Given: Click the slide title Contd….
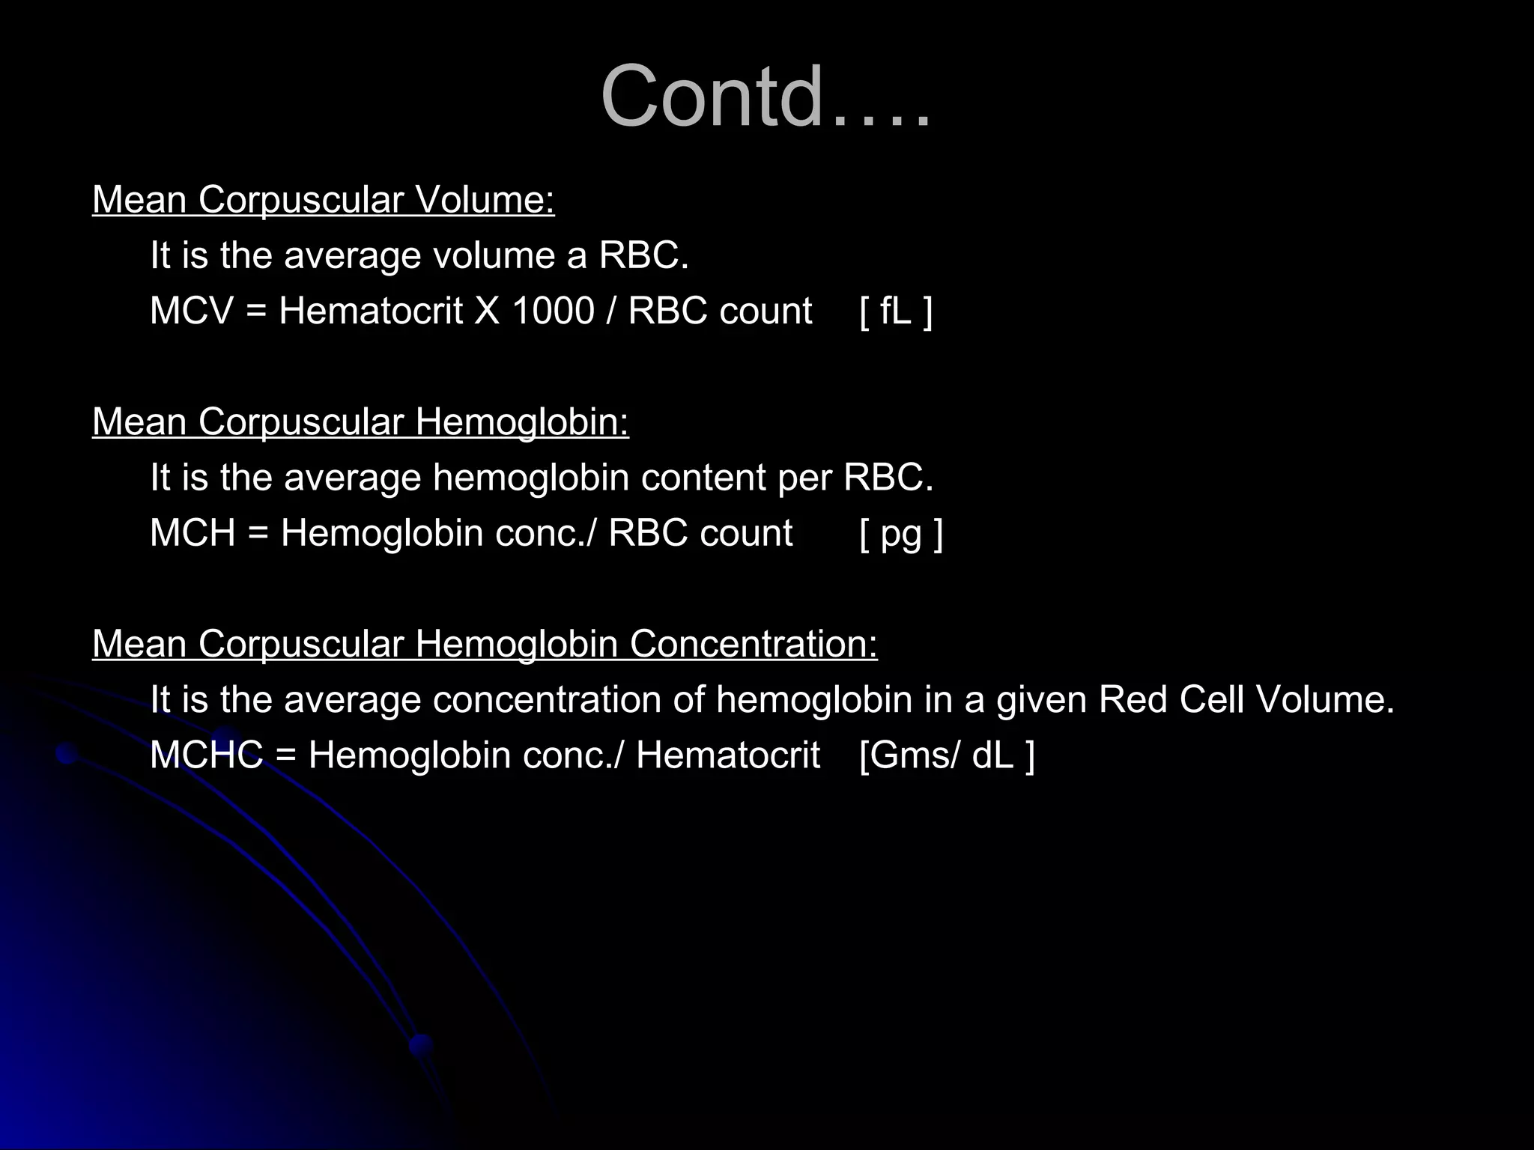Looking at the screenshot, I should coord(766,97).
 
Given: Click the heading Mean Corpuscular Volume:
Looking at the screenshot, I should coord(323,200).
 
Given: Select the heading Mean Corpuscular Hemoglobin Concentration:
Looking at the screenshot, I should coord(485,644).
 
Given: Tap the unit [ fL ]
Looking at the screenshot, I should coord(896,311).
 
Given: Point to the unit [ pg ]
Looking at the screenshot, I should coord(901,534).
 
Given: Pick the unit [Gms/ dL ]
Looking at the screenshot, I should coord(947,755).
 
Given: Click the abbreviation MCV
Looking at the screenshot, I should coord(192,311).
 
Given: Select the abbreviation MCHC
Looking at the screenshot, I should coord(206,755).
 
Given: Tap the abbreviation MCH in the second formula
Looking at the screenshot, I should coord(192,533).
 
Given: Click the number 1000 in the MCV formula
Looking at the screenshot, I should coord(553,311).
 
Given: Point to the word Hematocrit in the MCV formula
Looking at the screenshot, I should coord(371,311).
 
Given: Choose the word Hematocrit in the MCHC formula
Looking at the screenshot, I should coord(727,755).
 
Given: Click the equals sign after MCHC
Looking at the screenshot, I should coord(285,755).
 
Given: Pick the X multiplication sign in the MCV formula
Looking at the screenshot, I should coord(487,311).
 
